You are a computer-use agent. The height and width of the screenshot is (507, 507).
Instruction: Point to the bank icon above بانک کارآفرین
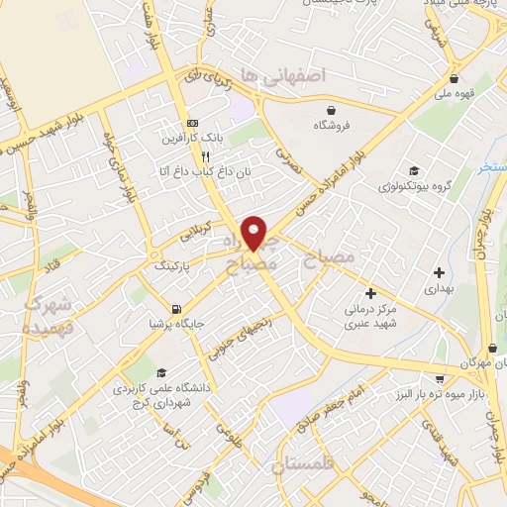tap(193, 122)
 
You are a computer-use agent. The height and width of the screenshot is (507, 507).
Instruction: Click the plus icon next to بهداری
tap(440, 271)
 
